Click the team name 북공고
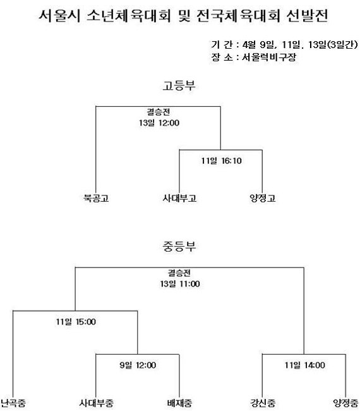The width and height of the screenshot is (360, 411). click(x=96, y=198)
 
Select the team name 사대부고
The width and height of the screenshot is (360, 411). click(x=179, y=198)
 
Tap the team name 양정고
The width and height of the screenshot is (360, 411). click(x=263, y=198)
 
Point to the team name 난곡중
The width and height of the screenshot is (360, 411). click(x=13, y=403)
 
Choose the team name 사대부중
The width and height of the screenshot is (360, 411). click(x=96, y=403)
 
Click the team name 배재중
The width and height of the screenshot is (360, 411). click(x=179, y=403)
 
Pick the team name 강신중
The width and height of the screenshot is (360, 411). click(x=263, y=403)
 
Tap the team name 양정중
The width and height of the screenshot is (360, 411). click(x=345, y=403)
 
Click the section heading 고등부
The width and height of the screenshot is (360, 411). click(x=179, y=86)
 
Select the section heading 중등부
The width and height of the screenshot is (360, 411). click(x=179, y=247)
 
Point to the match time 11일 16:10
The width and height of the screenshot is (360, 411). click(x=221, y=161)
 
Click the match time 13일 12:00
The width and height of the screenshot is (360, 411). click(x=159, y=123)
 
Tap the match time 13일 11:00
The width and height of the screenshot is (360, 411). click(x=180, y=284)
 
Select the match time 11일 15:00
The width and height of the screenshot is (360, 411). click(x=76, y=322)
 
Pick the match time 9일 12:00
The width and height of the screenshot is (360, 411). click(x=138, y=365)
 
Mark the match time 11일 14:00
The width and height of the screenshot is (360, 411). click(x=305, y=365)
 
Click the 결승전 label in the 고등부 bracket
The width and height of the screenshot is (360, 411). click(x=158, y=112)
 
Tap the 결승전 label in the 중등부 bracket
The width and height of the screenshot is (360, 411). click(x=179, y=273)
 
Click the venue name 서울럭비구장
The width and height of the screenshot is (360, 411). click(x=269, y=57)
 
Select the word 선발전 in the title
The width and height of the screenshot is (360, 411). click(x=307, y=16)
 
